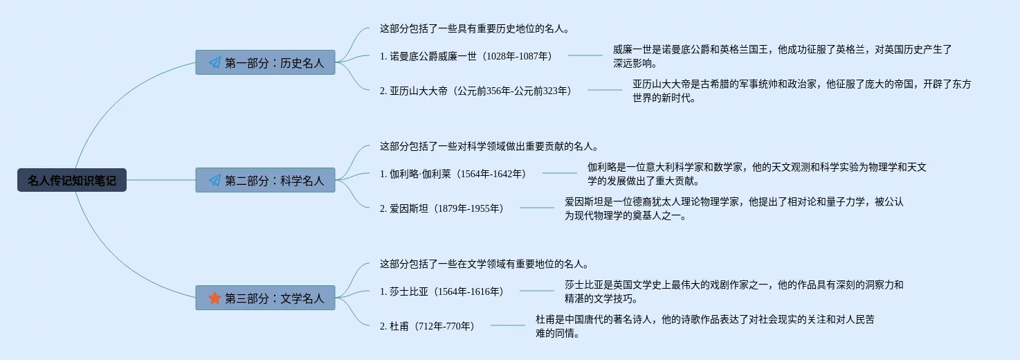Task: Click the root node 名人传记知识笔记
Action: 72,181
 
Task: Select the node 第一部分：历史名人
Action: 266,63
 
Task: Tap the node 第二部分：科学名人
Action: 266,181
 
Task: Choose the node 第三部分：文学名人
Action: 266,298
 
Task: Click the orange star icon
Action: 215,298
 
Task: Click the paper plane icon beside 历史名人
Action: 215,63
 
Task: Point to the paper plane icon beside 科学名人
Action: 215,181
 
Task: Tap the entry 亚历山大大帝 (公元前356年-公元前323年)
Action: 475,91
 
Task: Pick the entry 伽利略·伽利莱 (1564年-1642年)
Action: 453,174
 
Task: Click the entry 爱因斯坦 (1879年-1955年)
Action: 441,208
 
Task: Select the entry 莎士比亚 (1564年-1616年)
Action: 441,291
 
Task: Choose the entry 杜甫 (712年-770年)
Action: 427,326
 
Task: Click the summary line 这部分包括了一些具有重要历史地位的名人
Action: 474,29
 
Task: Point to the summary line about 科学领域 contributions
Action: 489,147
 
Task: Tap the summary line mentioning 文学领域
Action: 484,264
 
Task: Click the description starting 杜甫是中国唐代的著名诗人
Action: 704,326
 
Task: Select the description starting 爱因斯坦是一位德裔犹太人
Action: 734,208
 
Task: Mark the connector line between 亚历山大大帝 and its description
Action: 605,90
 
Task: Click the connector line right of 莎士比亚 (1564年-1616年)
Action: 537,291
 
